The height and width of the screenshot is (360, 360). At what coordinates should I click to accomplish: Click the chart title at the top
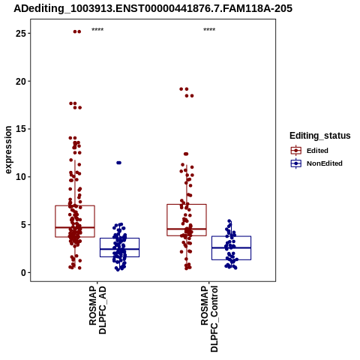[x=153, y=8]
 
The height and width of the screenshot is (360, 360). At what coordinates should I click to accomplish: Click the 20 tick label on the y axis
[x=21, y=81]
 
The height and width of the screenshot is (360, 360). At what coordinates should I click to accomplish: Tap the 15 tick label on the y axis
[x=21, y=129]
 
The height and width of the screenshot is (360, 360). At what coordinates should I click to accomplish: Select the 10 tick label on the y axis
[x=21, y=177]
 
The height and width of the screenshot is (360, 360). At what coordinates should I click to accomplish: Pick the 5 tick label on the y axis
[x=24, y=225]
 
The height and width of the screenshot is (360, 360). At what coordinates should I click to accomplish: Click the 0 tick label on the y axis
[x=24, y=272]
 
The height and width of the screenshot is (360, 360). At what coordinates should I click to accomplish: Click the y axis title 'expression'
[x=8, y=150]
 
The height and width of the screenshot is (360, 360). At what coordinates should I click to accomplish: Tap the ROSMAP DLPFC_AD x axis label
[x=97, y=310]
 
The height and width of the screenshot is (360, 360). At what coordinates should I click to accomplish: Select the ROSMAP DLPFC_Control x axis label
[x=209, y=319]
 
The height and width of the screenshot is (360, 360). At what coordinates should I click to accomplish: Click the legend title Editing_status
[x=320, y=136]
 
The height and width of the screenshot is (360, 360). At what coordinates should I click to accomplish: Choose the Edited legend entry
[x=309, y=151]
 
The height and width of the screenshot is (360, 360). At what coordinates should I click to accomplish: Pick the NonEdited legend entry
[x=316, y=163]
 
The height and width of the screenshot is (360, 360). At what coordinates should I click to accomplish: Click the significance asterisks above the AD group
[x=97, y=30]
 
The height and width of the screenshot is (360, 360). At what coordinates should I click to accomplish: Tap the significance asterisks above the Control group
[x=209, y=30]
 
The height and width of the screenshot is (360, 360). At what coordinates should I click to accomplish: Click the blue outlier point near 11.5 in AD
[x=118, y=163]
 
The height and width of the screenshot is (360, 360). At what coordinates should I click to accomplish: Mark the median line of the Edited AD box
[x=75, y=227]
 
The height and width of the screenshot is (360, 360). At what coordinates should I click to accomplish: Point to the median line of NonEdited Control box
[x=231, y=247]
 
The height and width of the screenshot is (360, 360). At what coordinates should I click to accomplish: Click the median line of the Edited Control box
[x=187, y=229]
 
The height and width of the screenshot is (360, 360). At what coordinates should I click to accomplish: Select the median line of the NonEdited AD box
[x=119, y=249]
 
